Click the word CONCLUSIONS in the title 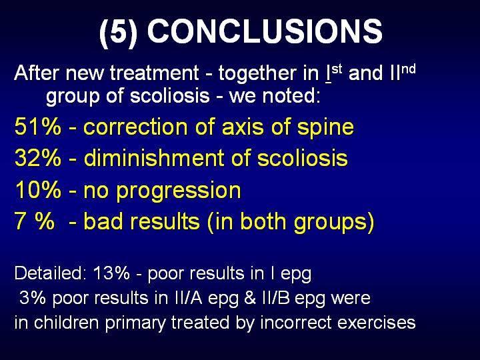265,31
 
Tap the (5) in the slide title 118,32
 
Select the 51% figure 37,127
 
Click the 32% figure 37,157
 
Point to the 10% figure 37,189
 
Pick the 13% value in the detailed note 111,273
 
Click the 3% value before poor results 33,297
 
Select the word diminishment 155,157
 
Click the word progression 179,191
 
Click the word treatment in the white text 155,73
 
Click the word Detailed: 49,273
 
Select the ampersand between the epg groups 250,297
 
